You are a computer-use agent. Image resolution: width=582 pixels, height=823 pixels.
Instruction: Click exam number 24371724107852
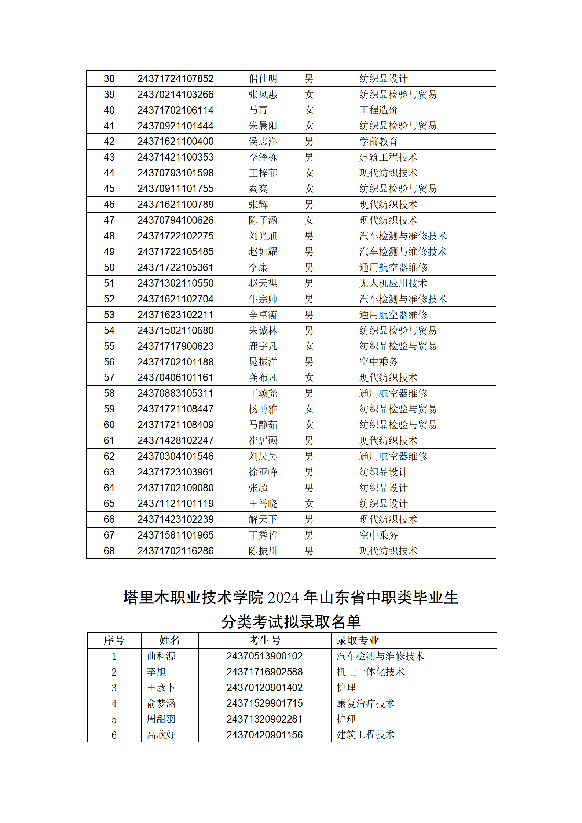point(175,79)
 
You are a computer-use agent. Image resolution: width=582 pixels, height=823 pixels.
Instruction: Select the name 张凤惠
point(263,95)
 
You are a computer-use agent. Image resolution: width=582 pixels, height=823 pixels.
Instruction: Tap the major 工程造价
point(378,110)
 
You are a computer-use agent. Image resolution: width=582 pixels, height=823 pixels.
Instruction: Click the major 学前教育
point(378,142)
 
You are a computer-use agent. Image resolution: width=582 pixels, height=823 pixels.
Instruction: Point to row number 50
point(109,268)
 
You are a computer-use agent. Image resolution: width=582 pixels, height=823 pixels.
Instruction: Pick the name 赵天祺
point(263,283)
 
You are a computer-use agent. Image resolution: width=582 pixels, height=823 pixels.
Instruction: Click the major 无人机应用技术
point(393,283)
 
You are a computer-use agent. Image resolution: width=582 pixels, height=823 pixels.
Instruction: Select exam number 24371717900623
point(175,346)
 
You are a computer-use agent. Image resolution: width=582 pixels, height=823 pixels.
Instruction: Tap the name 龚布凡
point(263,378)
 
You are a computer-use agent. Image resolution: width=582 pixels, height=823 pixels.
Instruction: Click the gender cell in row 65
point(309,504)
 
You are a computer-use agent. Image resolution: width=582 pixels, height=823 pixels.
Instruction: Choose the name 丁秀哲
point(263,535)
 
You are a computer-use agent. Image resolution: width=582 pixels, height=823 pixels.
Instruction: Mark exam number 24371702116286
point(175,551)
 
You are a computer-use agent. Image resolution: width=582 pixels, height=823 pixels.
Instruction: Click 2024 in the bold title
point(284,598)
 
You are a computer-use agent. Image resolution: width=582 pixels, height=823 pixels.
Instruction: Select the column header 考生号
point(265,640)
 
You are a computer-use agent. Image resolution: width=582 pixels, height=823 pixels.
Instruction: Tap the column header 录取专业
point(358,640)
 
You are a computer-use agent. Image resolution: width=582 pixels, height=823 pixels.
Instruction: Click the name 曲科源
point(161,656)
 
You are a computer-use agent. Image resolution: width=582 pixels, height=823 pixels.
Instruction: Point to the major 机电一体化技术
point(370,672)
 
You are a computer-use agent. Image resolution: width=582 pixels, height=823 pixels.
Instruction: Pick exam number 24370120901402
point(264,688)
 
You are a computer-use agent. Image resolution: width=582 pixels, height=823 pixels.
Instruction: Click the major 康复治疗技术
point(365,703)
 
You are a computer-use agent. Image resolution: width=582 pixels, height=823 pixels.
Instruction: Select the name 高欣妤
point(161,735)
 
